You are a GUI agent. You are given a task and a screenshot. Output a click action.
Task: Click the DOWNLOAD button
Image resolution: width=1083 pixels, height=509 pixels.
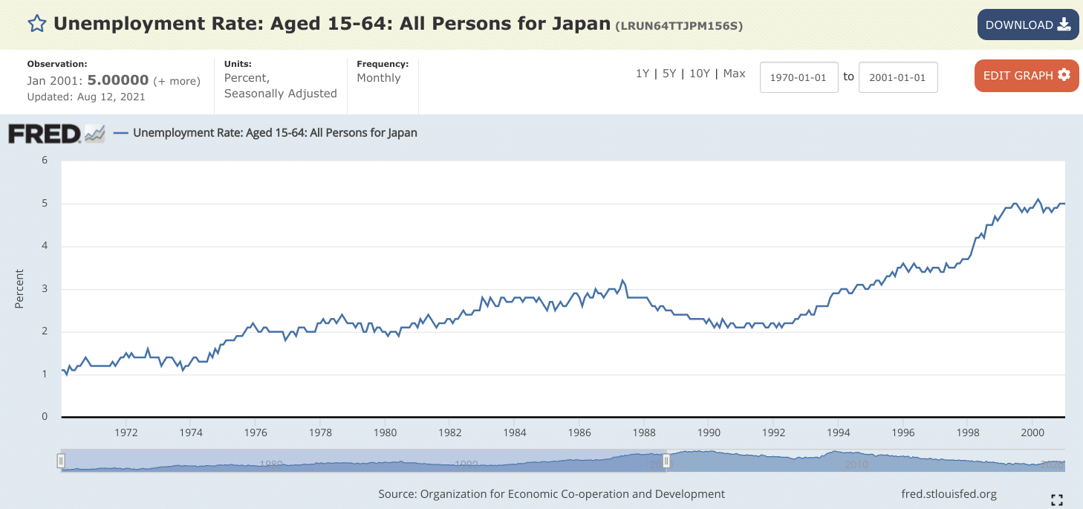(x=1027, y=25)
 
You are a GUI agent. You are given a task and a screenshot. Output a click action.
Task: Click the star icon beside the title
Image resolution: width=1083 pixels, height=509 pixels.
(x=36, y=24)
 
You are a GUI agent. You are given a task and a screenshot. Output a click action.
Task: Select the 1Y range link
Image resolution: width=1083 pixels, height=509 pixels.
(x=643, y=74)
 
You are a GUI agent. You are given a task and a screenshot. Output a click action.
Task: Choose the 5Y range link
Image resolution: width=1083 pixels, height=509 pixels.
(x=669, y=74)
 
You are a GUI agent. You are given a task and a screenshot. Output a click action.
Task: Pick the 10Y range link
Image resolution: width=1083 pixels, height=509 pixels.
(x=700, y=74)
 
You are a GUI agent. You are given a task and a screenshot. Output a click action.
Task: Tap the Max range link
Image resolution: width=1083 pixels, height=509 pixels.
(x=734, y=74)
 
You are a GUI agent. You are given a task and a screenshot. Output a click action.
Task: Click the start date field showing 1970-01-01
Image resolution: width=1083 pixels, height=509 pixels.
(x=799, y=77)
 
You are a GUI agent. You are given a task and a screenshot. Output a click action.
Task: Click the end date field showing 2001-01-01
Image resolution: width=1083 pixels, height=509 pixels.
(x=897, y=77)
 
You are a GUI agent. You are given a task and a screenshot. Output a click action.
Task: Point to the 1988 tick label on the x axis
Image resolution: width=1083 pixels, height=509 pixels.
(x=644, y=432)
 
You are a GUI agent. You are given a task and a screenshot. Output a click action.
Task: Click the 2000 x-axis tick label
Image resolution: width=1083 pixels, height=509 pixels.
(x=1032, y=432)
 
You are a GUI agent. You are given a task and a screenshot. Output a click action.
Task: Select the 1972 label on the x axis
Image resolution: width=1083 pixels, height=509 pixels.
(x=126, y=432)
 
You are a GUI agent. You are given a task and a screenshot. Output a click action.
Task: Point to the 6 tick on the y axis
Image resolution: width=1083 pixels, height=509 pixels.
(x=45, y=161)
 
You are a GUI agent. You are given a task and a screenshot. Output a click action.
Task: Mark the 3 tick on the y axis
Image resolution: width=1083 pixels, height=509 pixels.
(x=45, y=289)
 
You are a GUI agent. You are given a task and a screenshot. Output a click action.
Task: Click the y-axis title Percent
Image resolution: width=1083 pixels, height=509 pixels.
(x=20, y=289)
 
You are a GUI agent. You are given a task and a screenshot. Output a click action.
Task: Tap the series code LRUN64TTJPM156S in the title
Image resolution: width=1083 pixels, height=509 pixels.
(x=679, y=26)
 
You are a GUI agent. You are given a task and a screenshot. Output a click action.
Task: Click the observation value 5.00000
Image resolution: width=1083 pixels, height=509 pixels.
(x=118, y=80)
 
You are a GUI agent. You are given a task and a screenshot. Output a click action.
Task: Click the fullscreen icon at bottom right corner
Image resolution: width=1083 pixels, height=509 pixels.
(x=1057, y=499)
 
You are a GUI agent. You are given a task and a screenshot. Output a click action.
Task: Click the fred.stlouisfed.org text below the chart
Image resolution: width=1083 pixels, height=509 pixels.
(x=948, y=494)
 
